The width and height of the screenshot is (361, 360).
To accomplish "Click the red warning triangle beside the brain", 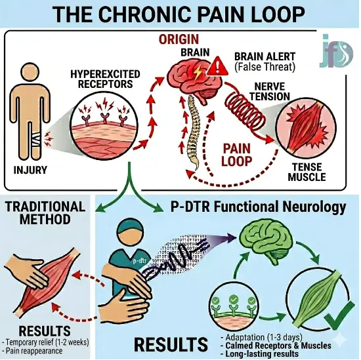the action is coord(217,67).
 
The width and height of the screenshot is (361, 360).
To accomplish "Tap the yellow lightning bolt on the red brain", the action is coord(198,72).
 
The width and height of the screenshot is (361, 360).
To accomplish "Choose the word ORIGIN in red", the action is coord(179,39).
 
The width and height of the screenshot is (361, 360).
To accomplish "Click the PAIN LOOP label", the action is coord(236,155).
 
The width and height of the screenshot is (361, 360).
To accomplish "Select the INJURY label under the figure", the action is coord(30,170).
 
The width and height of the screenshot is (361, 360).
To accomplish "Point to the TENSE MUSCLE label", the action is coord(307,172).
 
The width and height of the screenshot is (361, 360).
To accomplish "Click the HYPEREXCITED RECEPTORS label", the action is coord(105,79).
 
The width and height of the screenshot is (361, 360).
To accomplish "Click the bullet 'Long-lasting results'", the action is coord(260,353).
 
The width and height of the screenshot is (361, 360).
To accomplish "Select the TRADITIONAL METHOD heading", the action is coord(45,212).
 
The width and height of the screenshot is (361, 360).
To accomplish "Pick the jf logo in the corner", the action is coord(336,52).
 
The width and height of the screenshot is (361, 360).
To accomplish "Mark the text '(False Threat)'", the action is coord(265,67).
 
